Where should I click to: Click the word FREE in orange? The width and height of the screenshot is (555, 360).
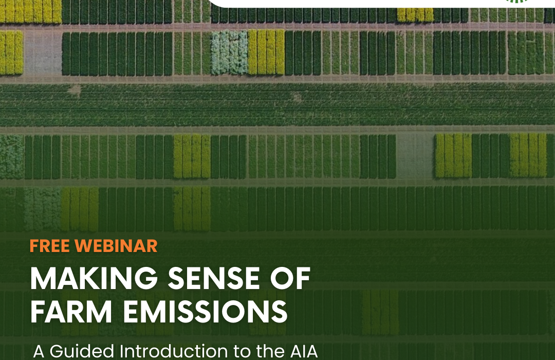(50, 246)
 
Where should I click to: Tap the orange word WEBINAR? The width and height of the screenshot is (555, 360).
(116, 246)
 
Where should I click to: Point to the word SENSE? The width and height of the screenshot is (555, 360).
(214, 279)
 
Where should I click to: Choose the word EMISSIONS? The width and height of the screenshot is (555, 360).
(205, 312)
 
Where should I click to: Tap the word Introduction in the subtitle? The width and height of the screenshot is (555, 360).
(174, 351)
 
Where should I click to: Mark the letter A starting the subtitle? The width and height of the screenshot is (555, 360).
(39, 351)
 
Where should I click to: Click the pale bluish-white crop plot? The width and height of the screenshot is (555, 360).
(230, 52)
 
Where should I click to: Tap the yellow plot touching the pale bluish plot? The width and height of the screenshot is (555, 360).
(266, 52)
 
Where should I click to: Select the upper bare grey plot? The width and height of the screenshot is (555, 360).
(43, 53)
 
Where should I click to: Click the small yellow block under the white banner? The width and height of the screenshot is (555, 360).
(415, 15)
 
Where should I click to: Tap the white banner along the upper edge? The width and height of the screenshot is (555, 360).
(382, 4)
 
